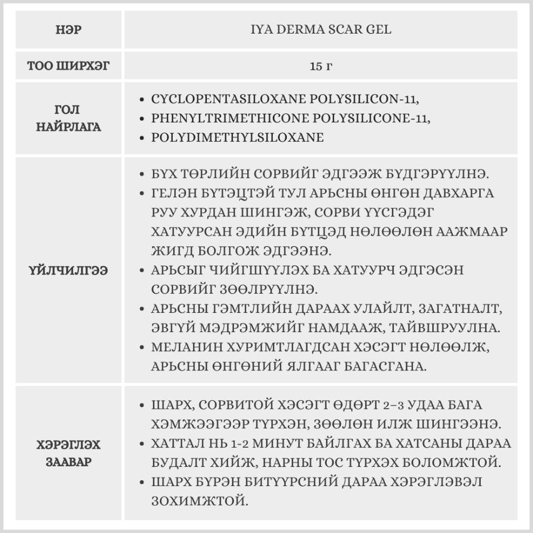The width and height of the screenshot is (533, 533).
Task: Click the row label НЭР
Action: (x=68, y=30)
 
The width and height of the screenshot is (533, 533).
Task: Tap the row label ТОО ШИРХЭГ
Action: (x=68, y=67)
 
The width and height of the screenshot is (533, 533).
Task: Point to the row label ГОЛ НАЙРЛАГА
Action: (x=68, y=119)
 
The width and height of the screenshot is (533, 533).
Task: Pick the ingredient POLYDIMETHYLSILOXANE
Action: (x=238, y=138)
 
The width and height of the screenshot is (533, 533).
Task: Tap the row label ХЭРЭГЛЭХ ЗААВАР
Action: (x=68, y=453)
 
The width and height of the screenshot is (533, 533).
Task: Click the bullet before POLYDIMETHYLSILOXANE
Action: (x=141, y=138)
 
